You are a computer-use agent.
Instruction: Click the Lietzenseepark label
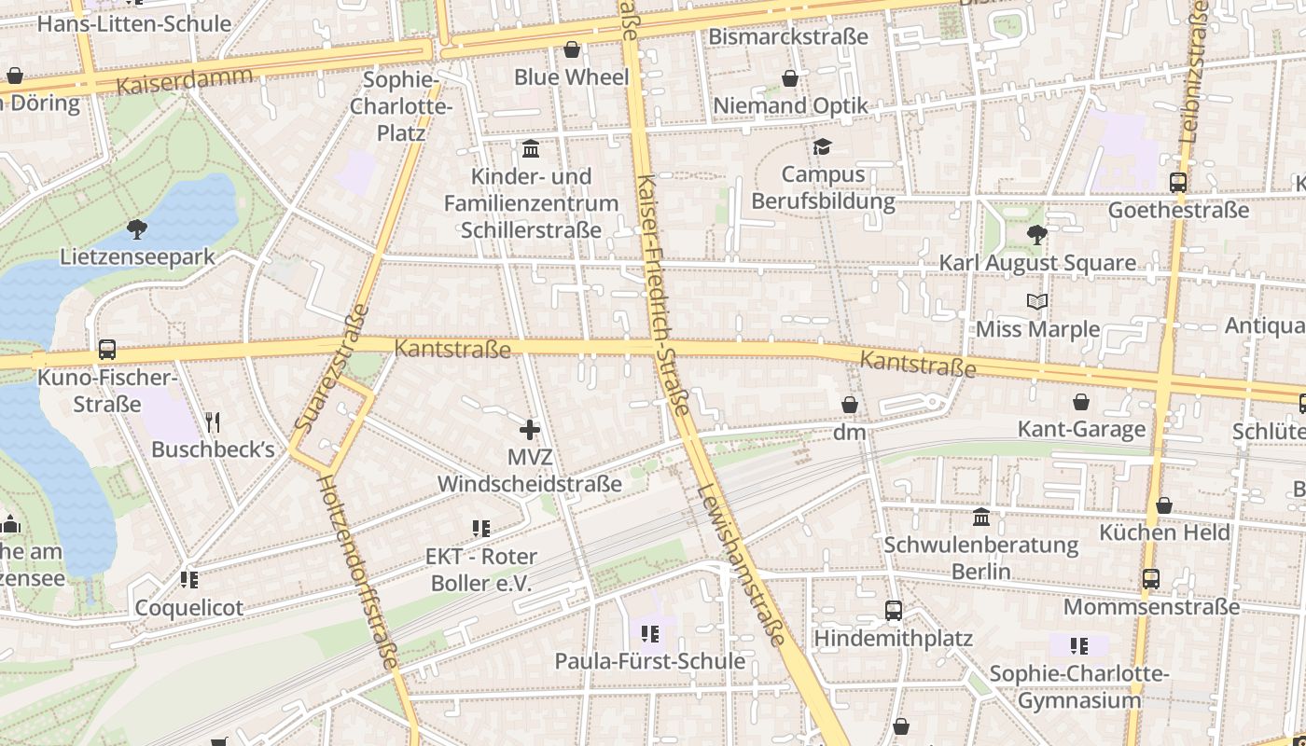point(137,256)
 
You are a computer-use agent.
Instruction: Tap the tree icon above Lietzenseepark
point(137,228)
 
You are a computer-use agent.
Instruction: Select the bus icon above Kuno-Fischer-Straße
point(107,350)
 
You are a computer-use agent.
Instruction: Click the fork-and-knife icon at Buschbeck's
point(213,422)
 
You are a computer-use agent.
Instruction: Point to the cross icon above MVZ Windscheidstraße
point(529,430)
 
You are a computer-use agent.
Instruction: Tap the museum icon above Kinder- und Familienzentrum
point(532,148)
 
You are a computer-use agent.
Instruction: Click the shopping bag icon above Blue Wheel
point(571,49)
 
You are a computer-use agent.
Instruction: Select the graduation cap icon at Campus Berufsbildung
point(822,146)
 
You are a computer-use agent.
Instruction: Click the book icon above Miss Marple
point(1036,301)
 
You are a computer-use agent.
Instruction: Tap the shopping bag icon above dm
point(849,405)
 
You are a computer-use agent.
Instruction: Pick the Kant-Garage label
point(1080,429)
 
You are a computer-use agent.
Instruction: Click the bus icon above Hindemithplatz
point(893,611)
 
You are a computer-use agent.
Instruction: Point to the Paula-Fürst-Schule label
point(649,660)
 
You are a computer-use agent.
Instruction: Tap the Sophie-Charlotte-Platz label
point(401,106)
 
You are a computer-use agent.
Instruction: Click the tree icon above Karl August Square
point(1036,235)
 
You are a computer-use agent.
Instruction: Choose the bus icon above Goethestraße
point(1177,183)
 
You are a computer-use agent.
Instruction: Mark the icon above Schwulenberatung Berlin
point(980,517)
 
